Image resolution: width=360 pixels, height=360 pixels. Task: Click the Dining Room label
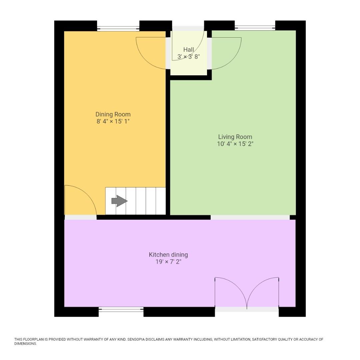113,114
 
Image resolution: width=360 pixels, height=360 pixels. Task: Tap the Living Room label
235,137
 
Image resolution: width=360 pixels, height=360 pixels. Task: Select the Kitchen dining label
168,255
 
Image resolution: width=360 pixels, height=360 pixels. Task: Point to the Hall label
189,50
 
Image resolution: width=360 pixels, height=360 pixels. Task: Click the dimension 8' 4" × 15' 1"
113,121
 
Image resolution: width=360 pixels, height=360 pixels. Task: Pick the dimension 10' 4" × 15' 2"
235,144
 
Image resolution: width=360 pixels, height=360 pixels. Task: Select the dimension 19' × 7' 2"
169,262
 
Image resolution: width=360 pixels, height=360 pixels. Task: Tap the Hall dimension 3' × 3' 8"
189,56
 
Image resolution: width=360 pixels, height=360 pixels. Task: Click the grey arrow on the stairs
119,201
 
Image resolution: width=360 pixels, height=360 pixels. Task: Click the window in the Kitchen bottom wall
121,310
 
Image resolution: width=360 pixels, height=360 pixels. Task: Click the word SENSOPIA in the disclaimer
136,339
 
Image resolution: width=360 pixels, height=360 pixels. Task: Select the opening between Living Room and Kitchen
250,217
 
